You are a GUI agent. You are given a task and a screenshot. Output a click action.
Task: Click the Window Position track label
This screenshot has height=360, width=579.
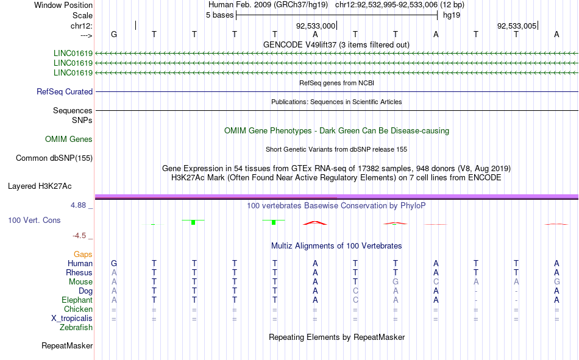(x=63, y=5)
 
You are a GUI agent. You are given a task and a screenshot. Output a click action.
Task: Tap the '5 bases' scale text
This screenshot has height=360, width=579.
(x=219, y=15)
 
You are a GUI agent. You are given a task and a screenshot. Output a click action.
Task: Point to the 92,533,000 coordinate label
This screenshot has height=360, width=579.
(x=315, y=26)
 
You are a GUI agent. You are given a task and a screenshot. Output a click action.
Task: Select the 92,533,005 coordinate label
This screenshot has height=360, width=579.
(x=517, y=26)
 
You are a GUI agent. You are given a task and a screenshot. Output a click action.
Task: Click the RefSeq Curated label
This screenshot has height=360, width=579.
(x=65, y=91)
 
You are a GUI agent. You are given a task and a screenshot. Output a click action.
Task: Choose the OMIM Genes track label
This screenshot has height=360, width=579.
(x=69, y=139)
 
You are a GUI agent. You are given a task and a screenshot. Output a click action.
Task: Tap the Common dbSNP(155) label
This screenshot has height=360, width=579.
(x=54, y=158)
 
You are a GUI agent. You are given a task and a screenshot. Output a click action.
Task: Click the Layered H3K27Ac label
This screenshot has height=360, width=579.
(x=40, y=186)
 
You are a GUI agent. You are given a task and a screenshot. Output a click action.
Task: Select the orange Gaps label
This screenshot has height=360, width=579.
(x=83, y=255)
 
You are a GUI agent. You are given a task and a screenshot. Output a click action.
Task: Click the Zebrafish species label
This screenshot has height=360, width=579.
(x=76, y=328)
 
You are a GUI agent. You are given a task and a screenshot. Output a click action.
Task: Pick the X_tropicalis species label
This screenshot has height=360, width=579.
(x=72, y=319)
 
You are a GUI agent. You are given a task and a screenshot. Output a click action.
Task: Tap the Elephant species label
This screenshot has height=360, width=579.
(x=77, y=300)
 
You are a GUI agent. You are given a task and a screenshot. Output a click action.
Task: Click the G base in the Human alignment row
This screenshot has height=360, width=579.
(x=114, y=263)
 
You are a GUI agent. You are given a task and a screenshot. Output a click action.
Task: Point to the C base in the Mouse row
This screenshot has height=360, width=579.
(x=436, y=281)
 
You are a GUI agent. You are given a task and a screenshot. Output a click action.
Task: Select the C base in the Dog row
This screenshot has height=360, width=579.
(x=355, y=291)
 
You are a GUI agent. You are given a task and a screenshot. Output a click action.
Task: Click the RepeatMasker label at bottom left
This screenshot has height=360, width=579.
(x=67, y=345)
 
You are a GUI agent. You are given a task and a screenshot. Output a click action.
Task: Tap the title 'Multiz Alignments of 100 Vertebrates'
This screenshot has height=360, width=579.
(x=336, y=246)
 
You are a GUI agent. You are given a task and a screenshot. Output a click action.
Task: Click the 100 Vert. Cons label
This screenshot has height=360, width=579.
(x=34, y=220)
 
